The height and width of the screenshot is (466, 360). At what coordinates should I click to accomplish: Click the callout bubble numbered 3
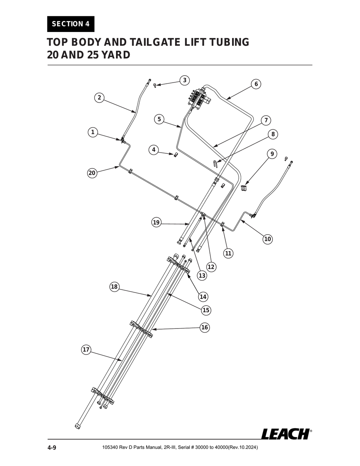point(185,80)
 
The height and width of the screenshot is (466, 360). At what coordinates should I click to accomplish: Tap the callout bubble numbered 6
point(256,84)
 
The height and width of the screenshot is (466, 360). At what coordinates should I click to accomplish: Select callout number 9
point(271,154)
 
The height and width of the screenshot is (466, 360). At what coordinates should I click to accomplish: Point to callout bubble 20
point(92,173)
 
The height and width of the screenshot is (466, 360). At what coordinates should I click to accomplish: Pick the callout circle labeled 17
point(86,350)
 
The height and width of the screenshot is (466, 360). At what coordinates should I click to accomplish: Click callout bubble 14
point(203,296)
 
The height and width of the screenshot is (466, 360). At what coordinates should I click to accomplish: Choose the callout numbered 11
point(228,253)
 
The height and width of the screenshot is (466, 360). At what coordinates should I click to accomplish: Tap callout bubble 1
point(92,132)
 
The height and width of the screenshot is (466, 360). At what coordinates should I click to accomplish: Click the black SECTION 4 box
point(71,24)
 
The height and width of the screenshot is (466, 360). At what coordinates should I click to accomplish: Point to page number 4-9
point(52,448)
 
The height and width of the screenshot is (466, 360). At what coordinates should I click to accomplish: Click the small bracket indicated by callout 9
point(244,188)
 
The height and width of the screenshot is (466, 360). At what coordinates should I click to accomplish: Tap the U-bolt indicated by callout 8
point(216,163)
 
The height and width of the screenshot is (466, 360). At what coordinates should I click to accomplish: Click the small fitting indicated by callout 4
point(176,154)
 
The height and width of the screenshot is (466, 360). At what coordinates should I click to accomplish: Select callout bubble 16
point(205,327)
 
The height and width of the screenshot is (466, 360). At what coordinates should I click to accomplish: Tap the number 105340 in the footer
point(110,448)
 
